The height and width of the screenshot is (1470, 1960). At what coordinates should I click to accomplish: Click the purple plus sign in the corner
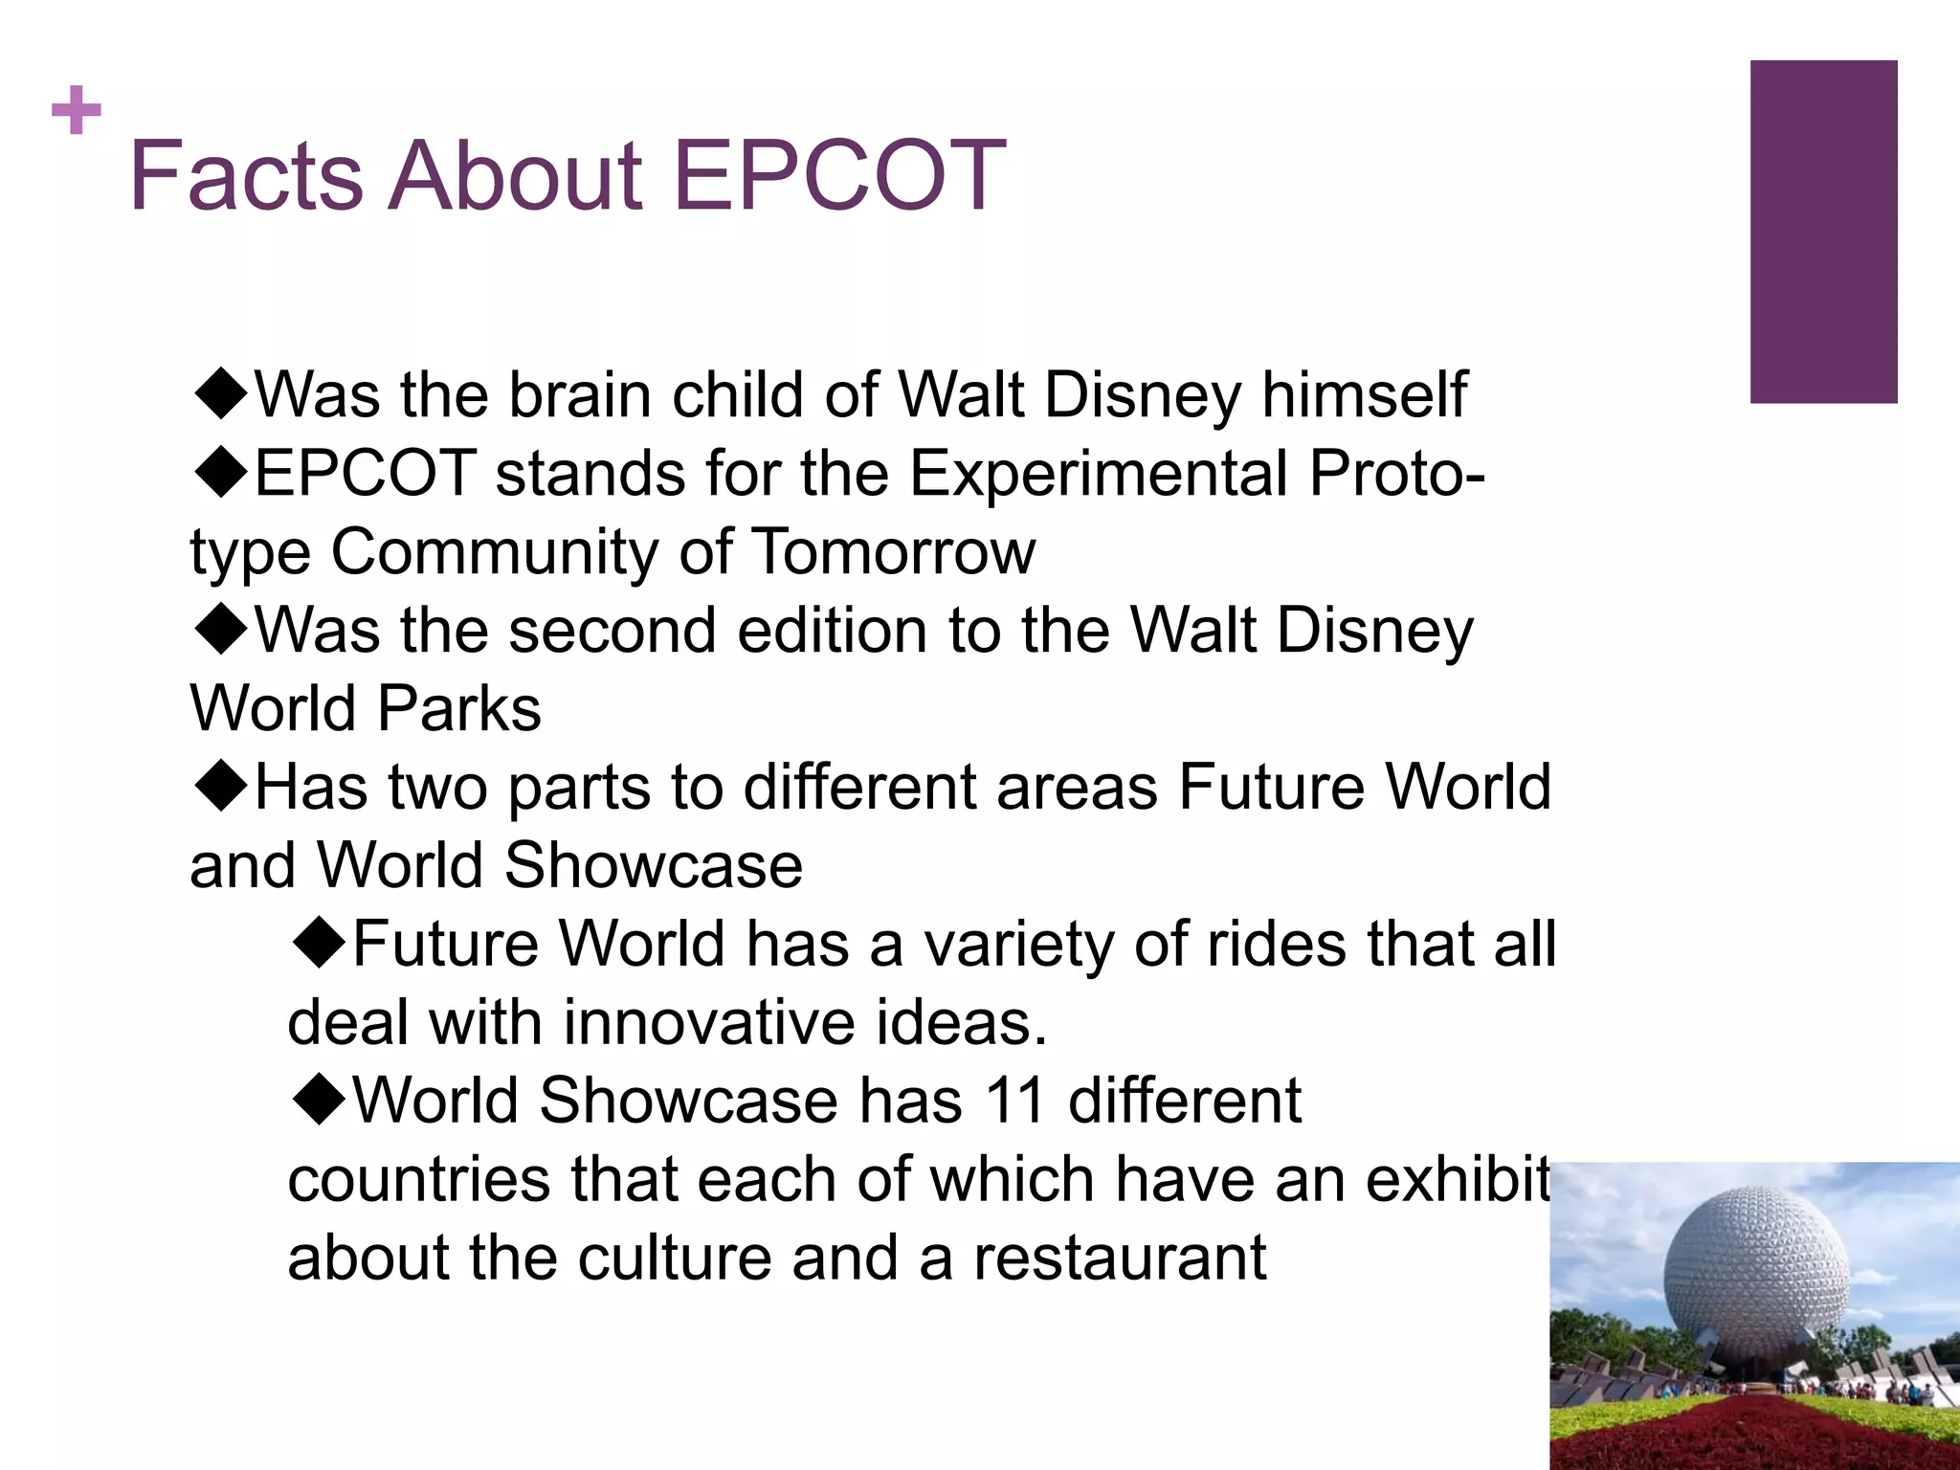[77, 111]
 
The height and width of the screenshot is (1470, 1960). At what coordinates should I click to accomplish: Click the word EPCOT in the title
[839, 176]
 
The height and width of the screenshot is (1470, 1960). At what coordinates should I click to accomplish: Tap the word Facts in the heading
[246, 176]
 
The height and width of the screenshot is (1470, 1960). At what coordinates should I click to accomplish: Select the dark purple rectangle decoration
[1823, 232]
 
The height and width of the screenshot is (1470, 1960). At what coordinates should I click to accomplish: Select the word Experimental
[1098, 473]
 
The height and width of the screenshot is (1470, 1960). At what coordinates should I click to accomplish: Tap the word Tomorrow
[894, 552]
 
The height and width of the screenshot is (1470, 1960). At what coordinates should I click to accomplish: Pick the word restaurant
[1120, 1258]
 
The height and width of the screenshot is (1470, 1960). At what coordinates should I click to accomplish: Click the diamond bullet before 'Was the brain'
[221, 393]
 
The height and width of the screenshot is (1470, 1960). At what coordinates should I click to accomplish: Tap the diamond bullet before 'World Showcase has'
[319, 1099]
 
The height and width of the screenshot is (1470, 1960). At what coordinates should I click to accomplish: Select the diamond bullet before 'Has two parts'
[221, 786]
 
